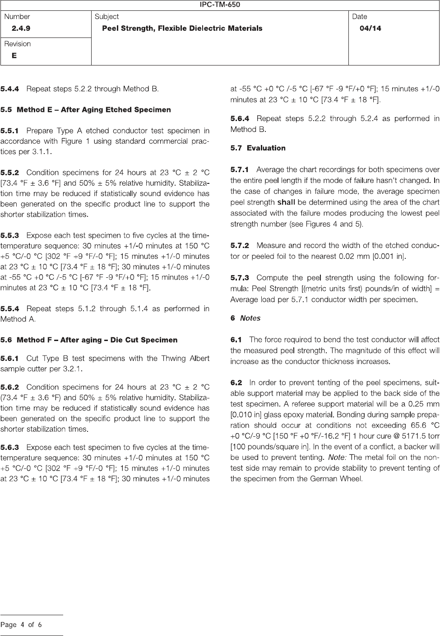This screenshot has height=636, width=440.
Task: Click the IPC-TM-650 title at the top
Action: tap(220, 5)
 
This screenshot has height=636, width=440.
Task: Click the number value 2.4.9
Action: tap(21, 28)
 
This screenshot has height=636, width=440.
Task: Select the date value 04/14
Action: tap(370, 28)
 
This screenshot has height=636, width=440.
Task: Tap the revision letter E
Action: tap(14, 56)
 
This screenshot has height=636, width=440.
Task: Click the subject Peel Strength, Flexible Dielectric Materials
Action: tap(182, 28)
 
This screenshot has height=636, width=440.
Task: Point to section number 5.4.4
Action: tap(10, 89)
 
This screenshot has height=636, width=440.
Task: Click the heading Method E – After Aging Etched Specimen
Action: tap(94, 110)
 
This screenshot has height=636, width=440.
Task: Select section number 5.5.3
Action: tap(10, 235)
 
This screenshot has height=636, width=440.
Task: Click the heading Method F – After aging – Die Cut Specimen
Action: tap(97, 340)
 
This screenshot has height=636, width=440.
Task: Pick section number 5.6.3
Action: tap(10, 447)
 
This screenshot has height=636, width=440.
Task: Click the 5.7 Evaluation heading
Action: tap(258, 148)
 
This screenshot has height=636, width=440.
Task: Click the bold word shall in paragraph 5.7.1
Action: tap(286, 202)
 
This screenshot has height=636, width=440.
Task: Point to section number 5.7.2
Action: tap(240, 246)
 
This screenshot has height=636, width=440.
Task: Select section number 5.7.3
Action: tap(240, 277)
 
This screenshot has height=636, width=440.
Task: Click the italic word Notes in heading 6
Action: tap(250, 318)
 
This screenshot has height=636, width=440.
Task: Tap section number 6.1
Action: tap(236, 339)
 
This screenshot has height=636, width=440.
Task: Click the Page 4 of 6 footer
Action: tap(21, 625)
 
